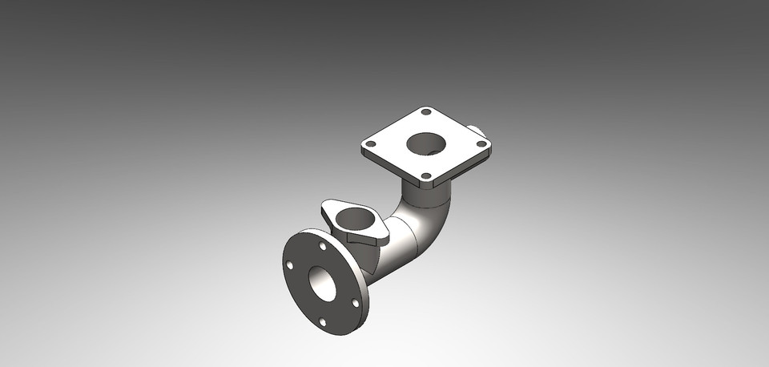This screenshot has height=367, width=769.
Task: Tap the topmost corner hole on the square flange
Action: coord(426,112)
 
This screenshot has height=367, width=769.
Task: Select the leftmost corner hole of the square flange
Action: coord(370,144)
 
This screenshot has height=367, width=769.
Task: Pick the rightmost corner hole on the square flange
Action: coord(481,144)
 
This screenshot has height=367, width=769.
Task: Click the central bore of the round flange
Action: coord(324,283)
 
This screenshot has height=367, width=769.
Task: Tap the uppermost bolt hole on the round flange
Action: coord(323,247)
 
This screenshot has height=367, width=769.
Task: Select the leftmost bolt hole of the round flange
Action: coord(290,265)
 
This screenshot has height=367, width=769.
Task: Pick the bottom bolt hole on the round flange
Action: coord(322,322)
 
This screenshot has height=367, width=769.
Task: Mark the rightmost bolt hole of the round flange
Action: coord(356,303)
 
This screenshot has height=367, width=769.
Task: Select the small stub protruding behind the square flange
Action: coord(475,128)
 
